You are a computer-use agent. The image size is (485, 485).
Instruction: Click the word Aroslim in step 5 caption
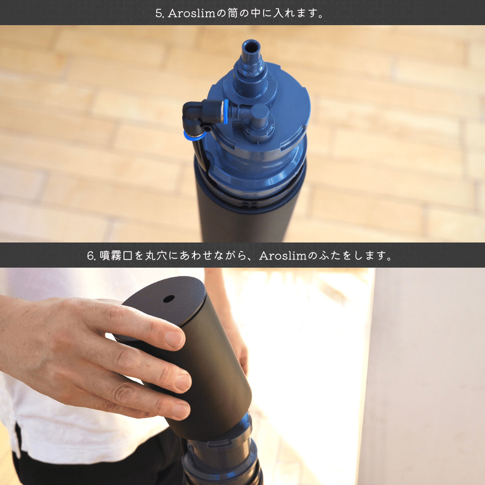click(191, 13)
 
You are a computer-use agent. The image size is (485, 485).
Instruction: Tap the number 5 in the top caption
click(159, 13)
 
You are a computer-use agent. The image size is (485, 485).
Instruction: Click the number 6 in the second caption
click(90, 256)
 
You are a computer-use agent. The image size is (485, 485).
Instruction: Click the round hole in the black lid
click(168, 299)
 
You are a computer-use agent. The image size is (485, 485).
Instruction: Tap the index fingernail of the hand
click(174, 339)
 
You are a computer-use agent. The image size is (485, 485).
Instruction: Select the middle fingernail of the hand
click(182, 382)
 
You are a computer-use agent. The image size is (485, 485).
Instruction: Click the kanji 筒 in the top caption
click(233, 13)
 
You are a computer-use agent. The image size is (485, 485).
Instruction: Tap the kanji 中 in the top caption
click(256, 13)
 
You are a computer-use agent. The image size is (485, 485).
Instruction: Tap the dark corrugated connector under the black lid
click(222, 458)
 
